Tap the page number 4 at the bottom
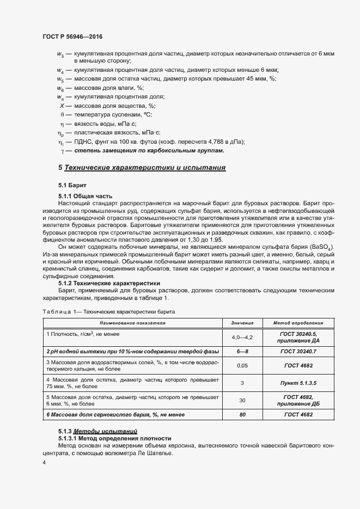click(44, 462)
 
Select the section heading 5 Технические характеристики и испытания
click(142, 168)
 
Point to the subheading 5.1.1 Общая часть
click(85, 195)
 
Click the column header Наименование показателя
click(132, 323)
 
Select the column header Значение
click(242, 323)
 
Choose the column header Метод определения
click(298, 323)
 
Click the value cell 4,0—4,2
click(242, 338)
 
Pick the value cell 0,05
click(242, 366)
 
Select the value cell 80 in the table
click(242, 415)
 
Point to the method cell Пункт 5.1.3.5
click(298, 383)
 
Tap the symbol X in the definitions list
click(62, 106)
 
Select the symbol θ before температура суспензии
click(62, 115)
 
